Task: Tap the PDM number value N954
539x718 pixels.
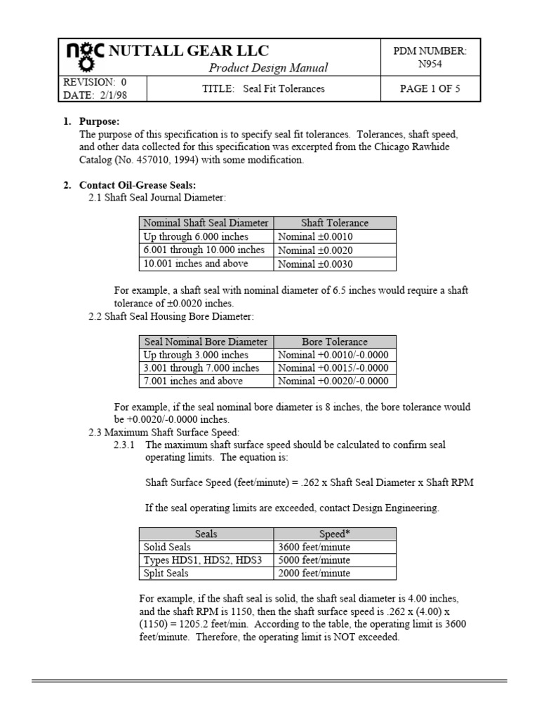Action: [431, 64]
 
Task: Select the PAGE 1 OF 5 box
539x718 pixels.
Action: [430, 89]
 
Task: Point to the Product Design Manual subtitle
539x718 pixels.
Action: [268, 68]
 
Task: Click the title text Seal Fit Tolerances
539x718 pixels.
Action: [284, 89]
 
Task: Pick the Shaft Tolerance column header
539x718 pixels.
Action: [334, 223]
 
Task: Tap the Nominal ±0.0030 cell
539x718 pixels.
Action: [315, 264]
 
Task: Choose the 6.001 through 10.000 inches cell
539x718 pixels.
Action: [204, 250]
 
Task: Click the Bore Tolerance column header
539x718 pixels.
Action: [334, 341]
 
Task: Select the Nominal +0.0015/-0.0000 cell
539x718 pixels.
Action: [333, 368]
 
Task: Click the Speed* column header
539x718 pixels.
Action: [334, 534]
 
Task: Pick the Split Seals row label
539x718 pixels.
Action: [167, 574]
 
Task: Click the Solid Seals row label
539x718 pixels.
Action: [167, 547]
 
